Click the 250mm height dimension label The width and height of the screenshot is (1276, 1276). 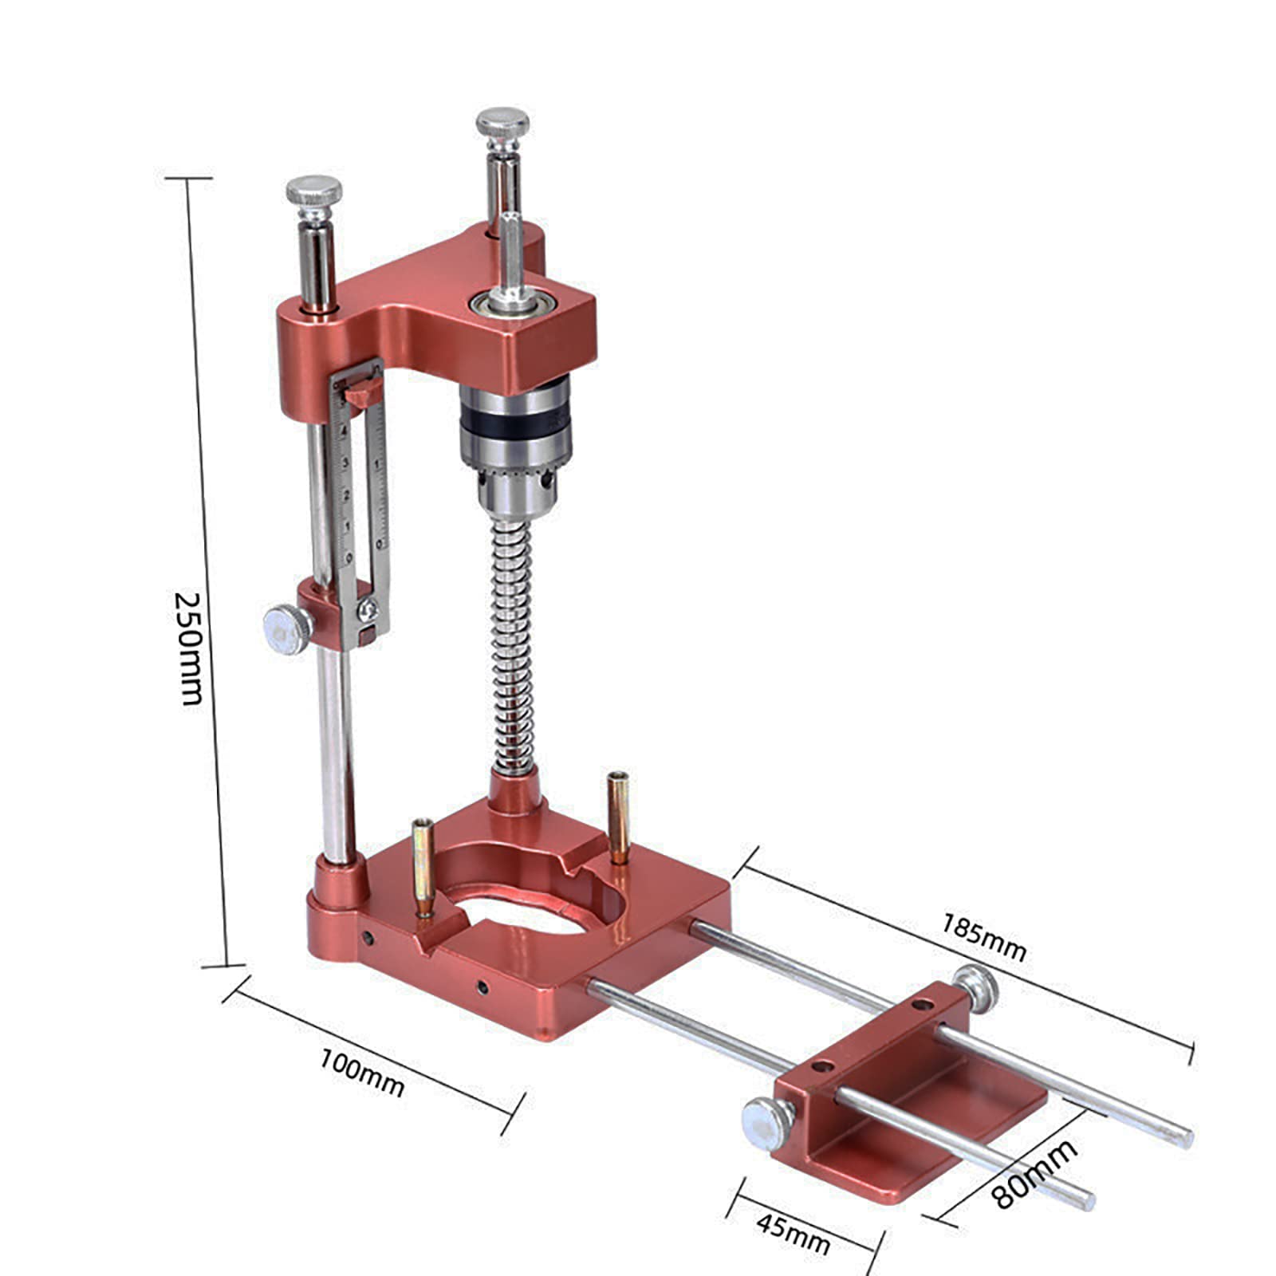[x=188, y=648]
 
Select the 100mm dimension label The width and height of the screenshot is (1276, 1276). [x=361, y=1073]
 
